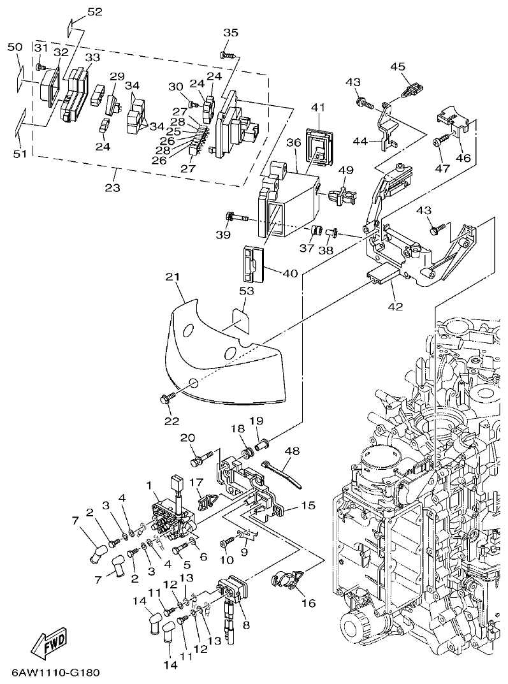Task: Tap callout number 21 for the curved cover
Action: (x=173, y=277)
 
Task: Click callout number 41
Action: (x=318, y=108)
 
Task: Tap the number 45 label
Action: (x=398, y=66)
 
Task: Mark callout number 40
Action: (x=290, y=273)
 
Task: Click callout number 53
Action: (x=246, y=291)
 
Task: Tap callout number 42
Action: (x=395, y=306)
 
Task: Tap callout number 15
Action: (x=308, y=506)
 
